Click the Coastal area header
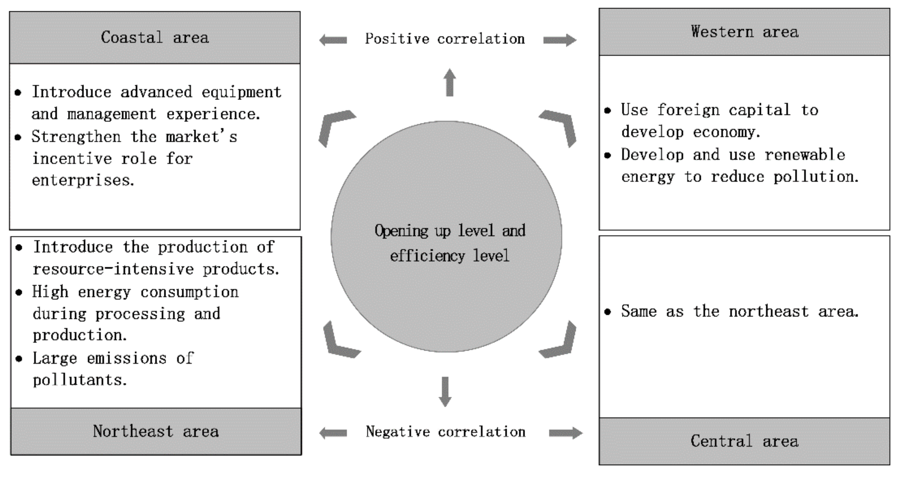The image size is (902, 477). [x=155, y=38]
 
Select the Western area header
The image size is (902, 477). [x=744, y=32]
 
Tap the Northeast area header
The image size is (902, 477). [x=156, y=431]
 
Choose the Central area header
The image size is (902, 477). [x=744, y=441]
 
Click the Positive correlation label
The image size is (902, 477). [x=445, y=39]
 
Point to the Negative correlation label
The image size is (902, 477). [x=445, y=432]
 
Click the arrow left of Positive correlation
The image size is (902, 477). [x=333, y=40]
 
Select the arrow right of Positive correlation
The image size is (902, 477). [x=560, y=40]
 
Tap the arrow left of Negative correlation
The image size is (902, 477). [x=333, y=433]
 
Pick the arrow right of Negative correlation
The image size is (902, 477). [x=566, y=433]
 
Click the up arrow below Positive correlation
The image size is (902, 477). [x=450, y=82]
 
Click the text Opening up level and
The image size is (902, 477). [x=450, y=231]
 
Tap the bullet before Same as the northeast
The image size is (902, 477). [x=608, y=311]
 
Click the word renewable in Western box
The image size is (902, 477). [x=805, y=155]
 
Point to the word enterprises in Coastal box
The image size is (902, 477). [x=83, y=180]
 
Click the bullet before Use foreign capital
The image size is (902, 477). [x=608, y=110]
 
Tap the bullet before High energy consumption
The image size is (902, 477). [x=19, y=292]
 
